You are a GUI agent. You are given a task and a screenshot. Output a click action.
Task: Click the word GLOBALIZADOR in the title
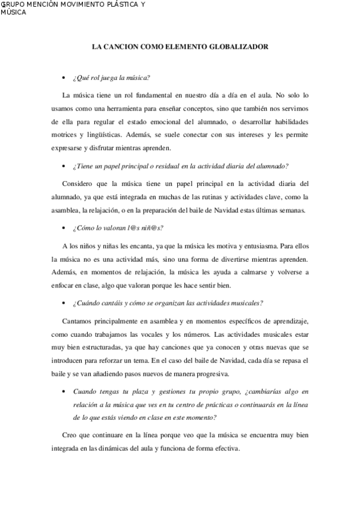(239, 46)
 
